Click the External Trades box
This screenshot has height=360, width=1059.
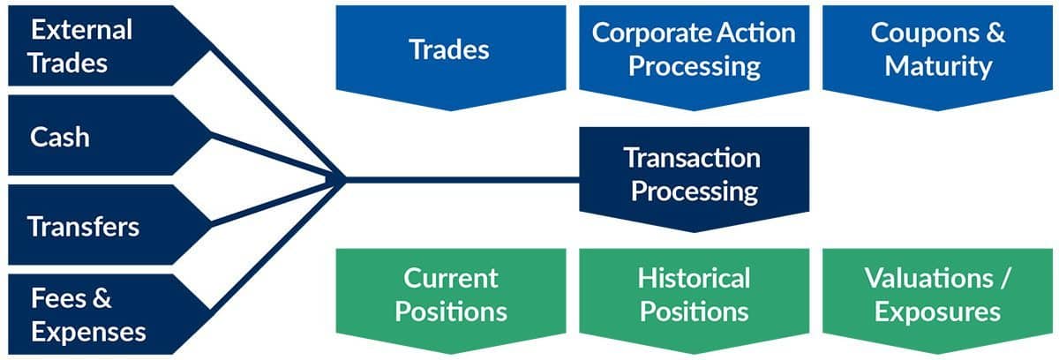[x=104, y=46]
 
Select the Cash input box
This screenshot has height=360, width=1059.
[x=104, y=136]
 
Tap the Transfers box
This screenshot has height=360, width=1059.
[x=104, y=225]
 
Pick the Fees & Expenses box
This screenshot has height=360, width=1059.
[x=104, y=315]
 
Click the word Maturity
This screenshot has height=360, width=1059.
[x=938, y=66]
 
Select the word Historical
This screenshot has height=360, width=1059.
[x=694, y=278]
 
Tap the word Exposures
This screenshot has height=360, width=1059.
[x=937, y=312]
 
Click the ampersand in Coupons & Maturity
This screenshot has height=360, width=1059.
[x=995, y=33]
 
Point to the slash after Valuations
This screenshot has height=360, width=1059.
[x=1004, y=278]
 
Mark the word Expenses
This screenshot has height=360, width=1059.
[x=88, y=333]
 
